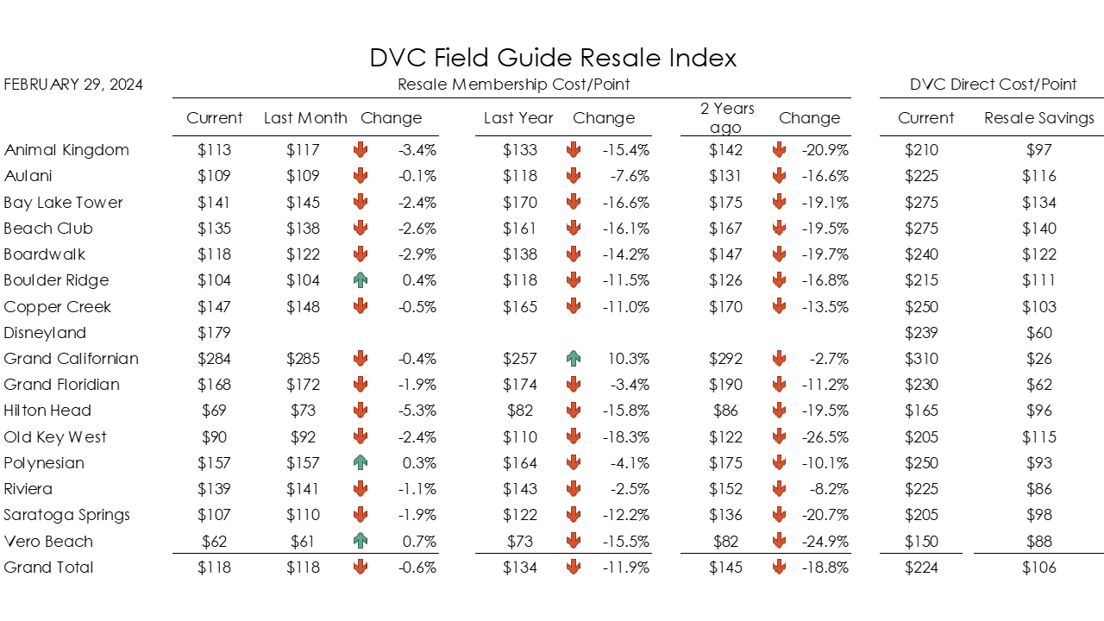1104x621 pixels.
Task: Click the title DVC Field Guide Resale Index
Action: coord(553,58)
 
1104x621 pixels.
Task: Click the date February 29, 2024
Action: coord(73,85)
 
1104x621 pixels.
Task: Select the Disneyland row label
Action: coord(45,333)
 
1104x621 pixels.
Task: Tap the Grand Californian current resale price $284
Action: coord(214,359)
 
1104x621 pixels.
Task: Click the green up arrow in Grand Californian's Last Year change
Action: coord(574,359)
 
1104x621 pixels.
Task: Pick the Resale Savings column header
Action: coord(1038,118)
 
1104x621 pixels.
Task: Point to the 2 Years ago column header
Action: coord(727,118)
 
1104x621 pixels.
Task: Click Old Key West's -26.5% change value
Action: coord(825,437)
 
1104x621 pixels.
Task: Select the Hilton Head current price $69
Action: coord(214,411)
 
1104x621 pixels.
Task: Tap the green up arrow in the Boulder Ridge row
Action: coord(361,280)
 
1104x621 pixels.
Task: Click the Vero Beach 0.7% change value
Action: coord(418,542)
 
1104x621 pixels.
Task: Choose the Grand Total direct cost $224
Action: coord(920,568)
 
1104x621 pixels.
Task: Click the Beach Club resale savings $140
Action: coord(1038,229)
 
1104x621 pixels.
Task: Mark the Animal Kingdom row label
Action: coord(66,150)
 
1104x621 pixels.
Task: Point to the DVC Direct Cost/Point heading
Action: coord(993,85)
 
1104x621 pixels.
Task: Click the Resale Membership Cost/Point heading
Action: coord(513,85)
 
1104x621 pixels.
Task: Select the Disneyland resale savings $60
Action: coord(1038,333)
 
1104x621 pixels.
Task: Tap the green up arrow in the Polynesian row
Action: coord(361,463)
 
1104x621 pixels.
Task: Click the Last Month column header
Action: coord(305,118)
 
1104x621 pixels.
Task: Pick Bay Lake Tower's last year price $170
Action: coord(519,203)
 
